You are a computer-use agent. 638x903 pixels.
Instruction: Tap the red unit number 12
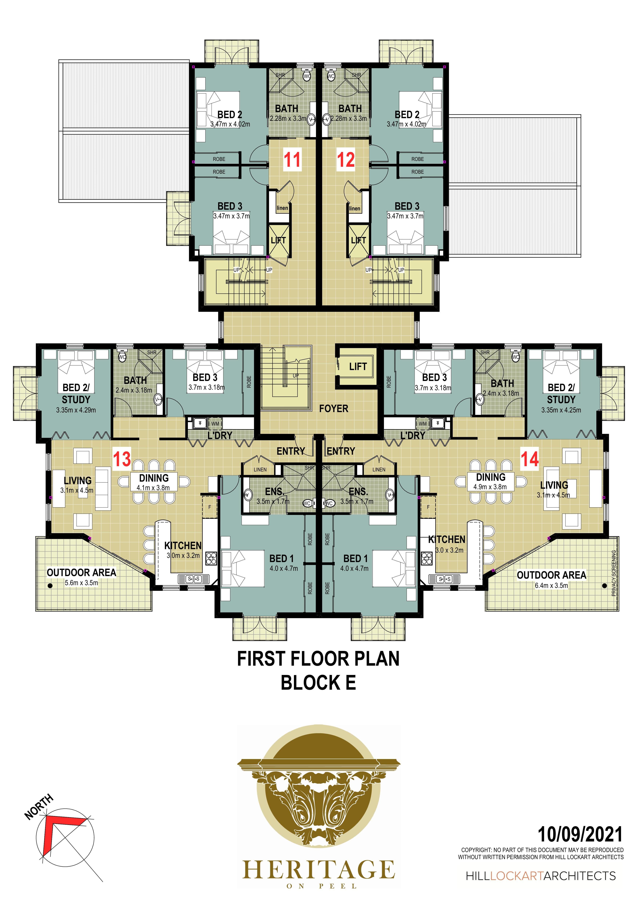tap(346, 160)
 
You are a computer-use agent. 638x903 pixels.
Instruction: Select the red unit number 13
tap(122, 459)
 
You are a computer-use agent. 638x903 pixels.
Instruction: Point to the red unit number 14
tap(530, 459)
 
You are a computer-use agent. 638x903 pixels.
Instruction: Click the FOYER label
tap(334, 409)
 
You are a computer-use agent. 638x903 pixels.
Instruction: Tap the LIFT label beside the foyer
tap(358, 367)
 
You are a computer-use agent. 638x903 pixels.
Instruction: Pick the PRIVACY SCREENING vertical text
tap(614, 573)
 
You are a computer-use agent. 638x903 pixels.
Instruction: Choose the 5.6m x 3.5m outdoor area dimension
tap(81, 583)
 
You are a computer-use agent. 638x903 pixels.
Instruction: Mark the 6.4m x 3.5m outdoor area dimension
tap(551, 585)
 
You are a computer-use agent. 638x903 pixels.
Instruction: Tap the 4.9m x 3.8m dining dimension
tap(490, 487)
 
